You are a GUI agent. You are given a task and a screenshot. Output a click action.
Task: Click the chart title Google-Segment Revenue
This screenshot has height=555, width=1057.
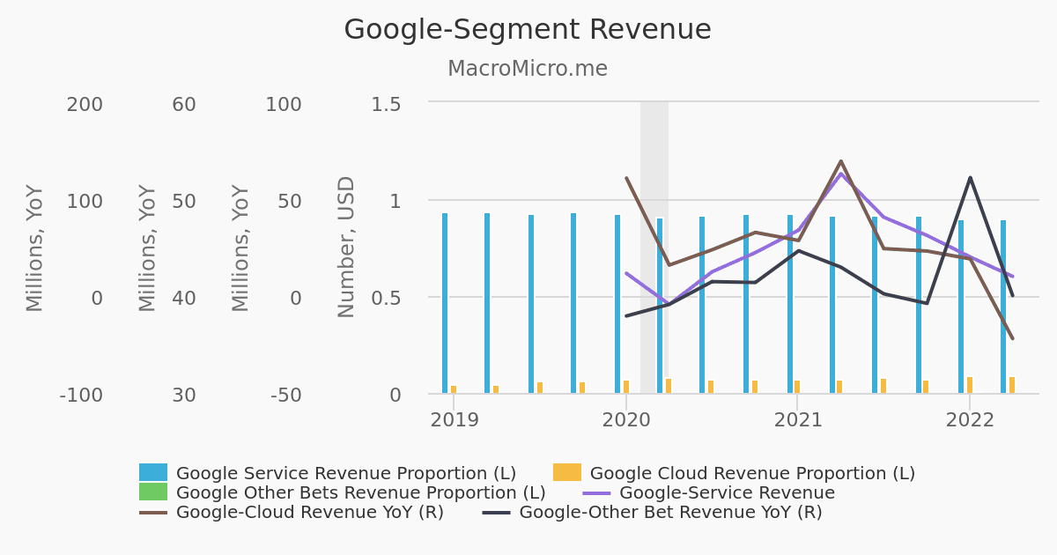[x=527, y=30]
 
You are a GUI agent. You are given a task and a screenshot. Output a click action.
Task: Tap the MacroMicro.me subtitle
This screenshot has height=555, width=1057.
[x=527, y=69]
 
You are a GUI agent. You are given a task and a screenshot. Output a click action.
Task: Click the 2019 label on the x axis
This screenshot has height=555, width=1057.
[x=455, y=420]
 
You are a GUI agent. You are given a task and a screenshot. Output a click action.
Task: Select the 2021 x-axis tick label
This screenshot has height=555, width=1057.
[x=797, y=420]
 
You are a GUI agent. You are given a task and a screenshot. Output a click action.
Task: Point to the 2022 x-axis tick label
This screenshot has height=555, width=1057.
[x=970, y=420]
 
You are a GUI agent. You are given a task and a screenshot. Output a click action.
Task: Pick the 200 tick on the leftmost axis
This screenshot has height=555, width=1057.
[x=85, y=104]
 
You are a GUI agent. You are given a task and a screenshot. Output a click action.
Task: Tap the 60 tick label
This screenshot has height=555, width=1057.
[x=183, y=104]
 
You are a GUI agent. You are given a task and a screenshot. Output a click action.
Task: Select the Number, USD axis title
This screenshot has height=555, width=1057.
[x=346, y=247]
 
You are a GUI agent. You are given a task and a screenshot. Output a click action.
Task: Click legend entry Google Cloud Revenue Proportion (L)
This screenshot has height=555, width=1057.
[x=751, y=473]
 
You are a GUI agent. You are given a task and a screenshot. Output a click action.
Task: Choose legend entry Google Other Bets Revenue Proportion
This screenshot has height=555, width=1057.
[x=360, y=492]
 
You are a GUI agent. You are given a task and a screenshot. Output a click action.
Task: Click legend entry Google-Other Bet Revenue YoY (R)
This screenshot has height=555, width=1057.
[x=670, y=512]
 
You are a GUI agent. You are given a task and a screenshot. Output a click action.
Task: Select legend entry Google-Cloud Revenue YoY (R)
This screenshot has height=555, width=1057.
[x=309, y=512]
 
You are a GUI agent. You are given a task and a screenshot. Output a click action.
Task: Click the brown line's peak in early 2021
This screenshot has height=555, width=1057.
[x=841, y=161]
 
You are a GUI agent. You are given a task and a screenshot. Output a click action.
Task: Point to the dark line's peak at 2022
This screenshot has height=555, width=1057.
[x=970, y=177]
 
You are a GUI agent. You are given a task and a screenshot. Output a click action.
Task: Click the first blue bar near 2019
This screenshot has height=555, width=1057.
[x=445, y=303]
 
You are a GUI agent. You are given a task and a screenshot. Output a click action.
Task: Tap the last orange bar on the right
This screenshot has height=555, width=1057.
[x=1012, y=385]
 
